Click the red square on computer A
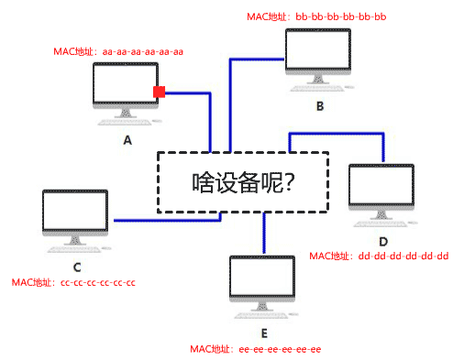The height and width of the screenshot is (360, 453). pyautogui.click(x=159, y=92)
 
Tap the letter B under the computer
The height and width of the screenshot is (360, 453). pyautogui.click(x=319, y=106)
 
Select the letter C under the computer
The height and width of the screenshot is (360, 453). pyautogui.click(x=77, y=267)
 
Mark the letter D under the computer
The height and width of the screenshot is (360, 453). pyautogui.click(x=383, y=240)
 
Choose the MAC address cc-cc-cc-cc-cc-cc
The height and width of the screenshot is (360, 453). pyautogui.click(x=96, y=283)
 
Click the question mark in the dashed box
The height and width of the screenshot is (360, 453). pyautogui.click(x=289, y=182)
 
